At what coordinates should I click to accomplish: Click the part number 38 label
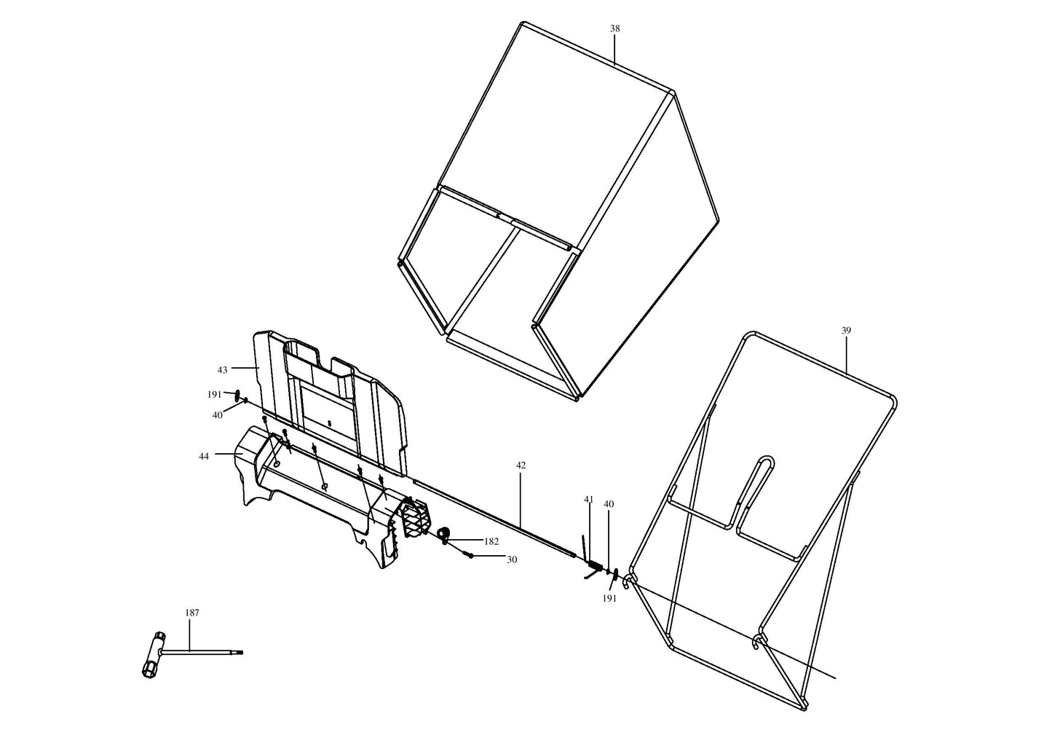click(614, 28)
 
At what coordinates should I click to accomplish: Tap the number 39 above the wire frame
click(846, 331)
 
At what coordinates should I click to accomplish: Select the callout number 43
click(222, 370)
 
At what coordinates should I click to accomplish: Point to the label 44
click(203, 457)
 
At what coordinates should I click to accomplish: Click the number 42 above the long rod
click(521, 466)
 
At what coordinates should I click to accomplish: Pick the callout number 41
click(588, 500)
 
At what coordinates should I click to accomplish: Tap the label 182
click(491, 542)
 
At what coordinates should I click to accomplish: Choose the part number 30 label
click(512, 560)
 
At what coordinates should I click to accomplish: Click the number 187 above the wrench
click(192, 613)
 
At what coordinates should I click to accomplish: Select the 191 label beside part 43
click(215, 395)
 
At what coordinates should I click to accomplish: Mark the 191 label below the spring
click(609, 599)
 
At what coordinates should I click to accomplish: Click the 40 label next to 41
click(609, 504)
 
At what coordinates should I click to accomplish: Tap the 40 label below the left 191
click(218, 415)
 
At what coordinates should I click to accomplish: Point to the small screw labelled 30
click(469, 556)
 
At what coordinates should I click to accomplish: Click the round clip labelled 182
click(444, 535)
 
